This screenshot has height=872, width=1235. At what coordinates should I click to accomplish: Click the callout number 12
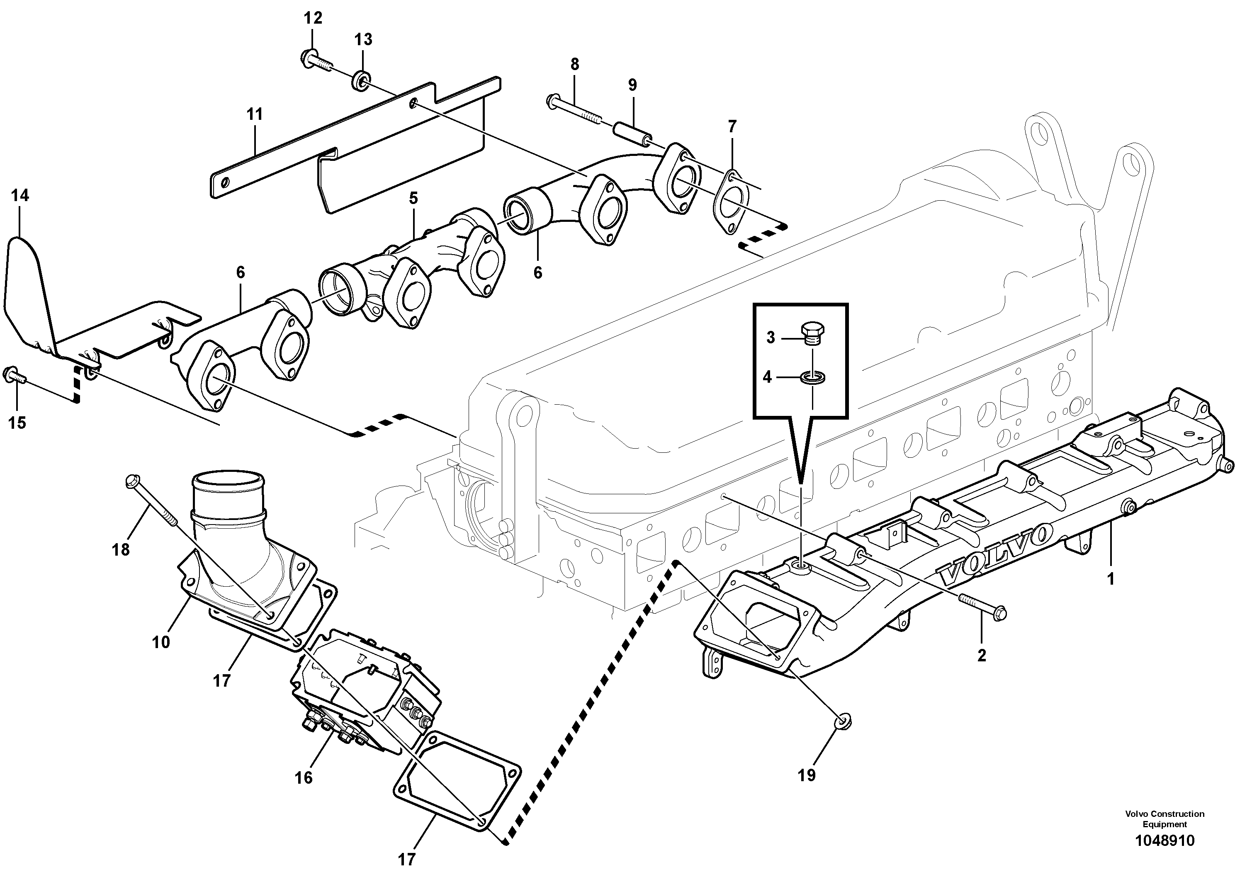click(x=313, y=18)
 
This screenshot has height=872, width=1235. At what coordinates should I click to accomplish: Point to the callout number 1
click(x=1110, y=579)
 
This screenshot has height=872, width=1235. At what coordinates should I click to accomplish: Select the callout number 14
click(x=20, y=196)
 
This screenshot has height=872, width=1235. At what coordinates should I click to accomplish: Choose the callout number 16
click(x=304, y=777)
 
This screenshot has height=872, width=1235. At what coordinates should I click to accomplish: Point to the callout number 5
click(x=413, y=198)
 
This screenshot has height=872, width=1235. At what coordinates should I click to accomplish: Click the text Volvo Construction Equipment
click(x=1164, y=819)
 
